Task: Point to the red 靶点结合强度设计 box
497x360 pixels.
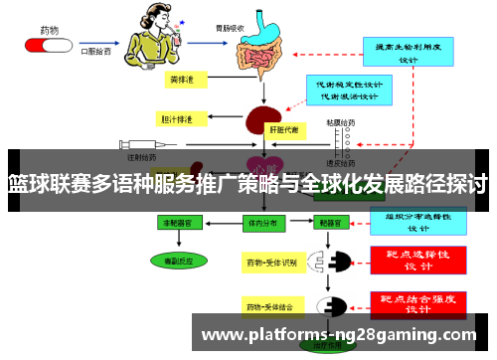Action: [x=418, y=302]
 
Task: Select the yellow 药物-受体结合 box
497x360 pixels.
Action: [x=271, y=305]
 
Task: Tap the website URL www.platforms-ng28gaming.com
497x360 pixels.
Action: [x=339, y=334]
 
